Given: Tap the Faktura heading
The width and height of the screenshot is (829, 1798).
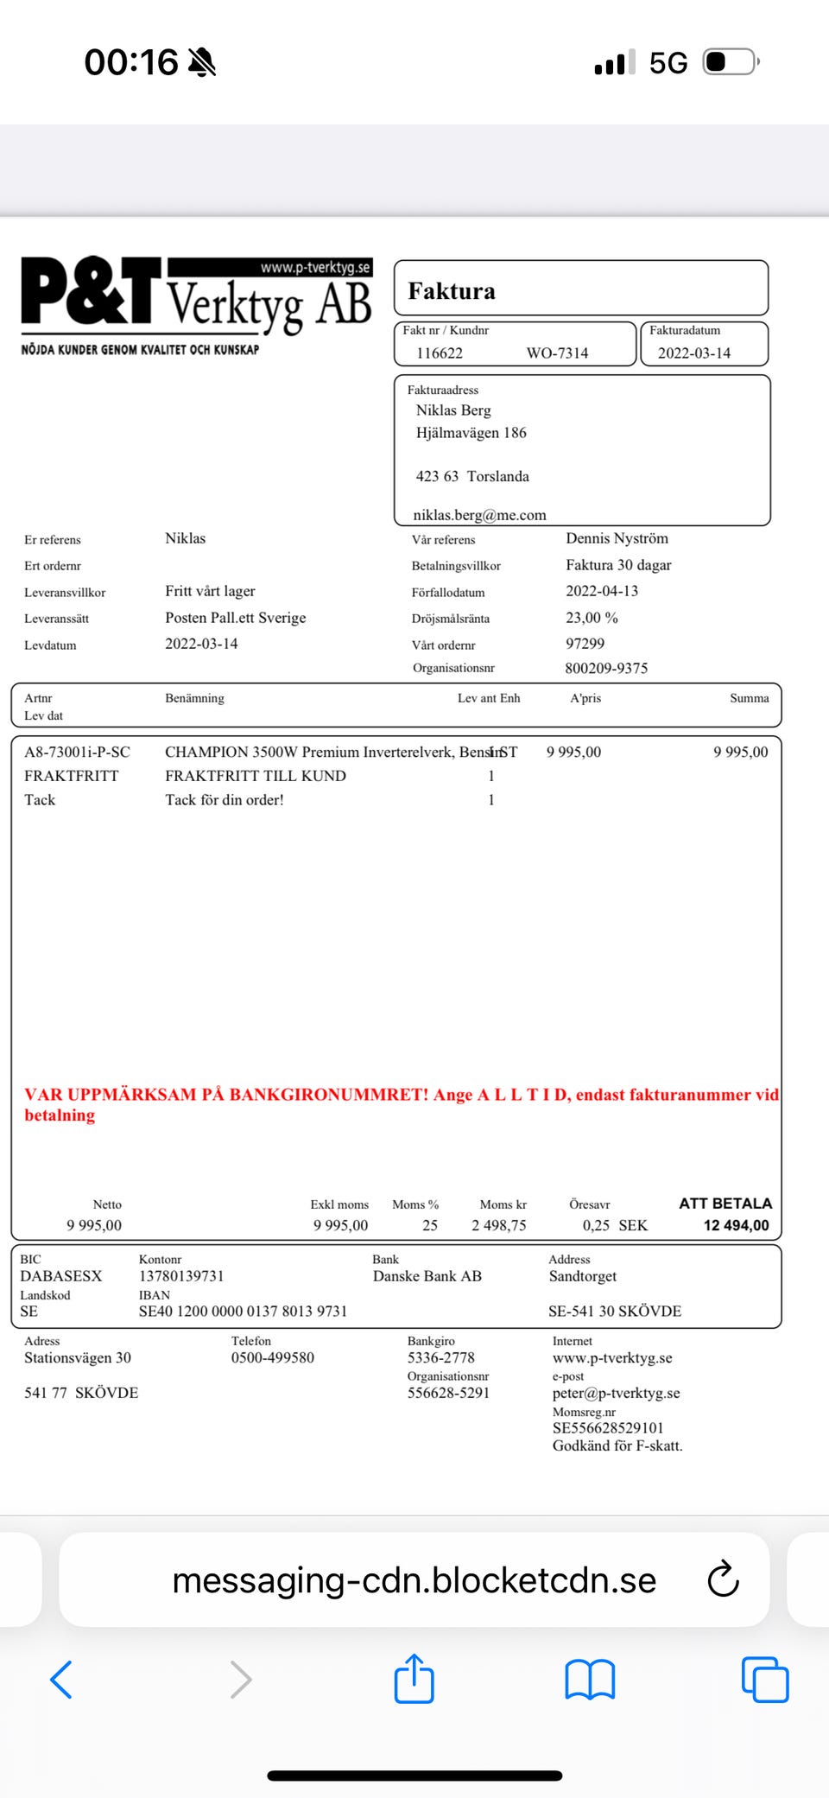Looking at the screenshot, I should pos(452,291).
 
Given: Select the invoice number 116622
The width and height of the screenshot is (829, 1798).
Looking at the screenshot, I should pos(440,353).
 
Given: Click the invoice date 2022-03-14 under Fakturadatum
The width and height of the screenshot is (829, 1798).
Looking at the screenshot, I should pos(694,353).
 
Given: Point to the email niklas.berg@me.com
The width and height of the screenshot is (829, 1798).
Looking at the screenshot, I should pos(479,515).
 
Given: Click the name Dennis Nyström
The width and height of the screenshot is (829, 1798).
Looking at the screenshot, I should pos(617,538).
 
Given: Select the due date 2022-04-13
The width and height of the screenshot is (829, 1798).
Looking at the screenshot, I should pos(602,591).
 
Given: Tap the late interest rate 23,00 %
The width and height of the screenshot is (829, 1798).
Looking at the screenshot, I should pos(592,618).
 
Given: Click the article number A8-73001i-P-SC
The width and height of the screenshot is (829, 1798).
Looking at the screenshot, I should pos(77,752).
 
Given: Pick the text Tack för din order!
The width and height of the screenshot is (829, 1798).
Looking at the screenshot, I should pos(225,800).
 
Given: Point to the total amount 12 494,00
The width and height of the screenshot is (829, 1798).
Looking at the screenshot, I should pos(736,1225).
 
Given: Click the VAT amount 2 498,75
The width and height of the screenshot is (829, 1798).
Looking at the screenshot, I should pos(498,1225).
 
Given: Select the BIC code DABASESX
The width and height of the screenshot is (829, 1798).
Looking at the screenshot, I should pos(60,1276).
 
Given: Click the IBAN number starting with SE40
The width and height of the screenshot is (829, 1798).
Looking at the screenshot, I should pos(243,1311).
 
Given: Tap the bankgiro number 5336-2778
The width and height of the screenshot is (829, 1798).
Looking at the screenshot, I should pos(441,1357).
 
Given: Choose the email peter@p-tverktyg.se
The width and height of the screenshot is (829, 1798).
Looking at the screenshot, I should pos(616,1393).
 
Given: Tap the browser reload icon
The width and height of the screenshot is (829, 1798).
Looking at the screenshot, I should pos(723,1579).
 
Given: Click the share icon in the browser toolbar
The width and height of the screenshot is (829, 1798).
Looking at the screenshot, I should pos(414,1679).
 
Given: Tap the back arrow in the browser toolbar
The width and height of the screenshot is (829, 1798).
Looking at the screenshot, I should pos(61,1680).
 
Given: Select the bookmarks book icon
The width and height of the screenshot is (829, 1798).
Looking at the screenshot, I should pos(590,1680).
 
